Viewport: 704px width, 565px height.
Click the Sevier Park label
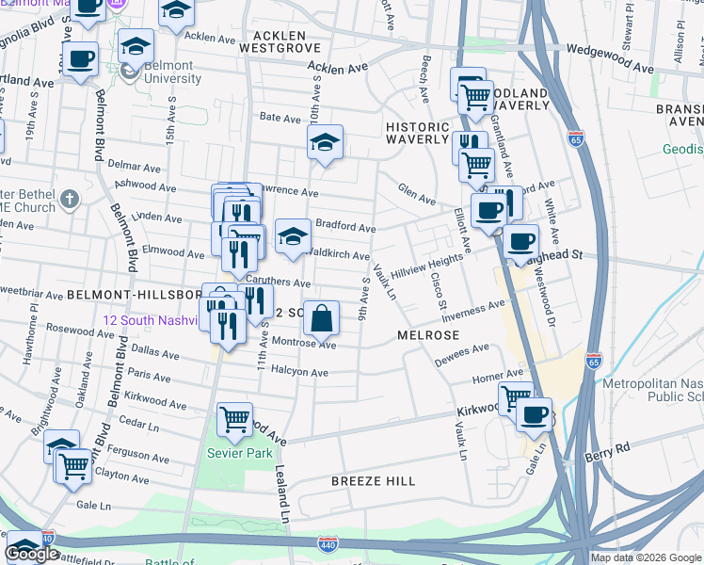(240, 453)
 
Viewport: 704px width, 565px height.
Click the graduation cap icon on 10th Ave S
(325, 142)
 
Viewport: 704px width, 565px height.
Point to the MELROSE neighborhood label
(427, 335)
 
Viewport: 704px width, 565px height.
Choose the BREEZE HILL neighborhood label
(374, 481)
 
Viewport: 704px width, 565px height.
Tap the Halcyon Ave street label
(299, 373)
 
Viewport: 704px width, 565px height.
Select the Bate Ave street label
(280, 118)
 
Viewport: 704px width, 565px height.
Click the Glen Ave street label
(415, 195)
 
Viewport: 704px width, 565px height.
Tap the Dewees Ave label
(461, 355)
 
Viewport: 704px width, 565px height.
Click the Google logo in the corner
(31, 555)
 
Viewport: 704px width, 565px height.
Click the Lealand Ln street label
(281, 491)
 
